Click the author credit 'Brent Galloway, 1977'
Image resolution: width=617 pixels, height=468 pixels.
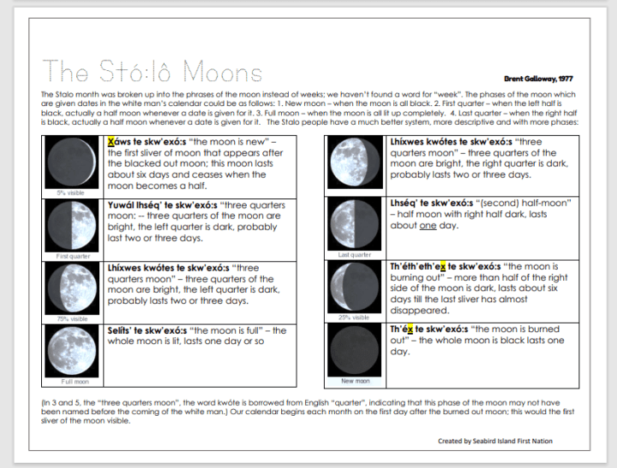pos(538,79)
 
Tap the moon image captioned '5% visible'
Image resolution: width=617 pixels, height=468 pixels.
pos(73,163)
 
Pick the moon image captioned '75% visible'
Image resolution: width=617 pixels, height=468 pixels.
pos(73,288)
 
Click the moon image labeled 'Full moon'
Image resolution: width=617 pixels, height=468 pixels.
pos(73,351)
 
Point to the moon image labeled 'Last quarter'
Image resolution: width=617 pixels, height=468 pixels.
pos(354,223)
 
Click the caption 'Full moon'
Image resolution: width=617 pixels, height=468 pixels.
pos(73,382)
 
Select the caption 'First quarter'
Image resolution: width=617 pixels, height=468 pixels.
pos(74,256)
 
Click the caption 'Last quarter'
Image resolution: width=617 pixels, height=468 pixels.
pos(355,255)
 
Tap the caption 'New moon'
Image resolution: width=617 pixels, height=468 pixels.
pos(355,381)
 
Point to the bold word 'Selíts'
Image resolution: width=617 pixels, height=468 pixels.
pos(122,330)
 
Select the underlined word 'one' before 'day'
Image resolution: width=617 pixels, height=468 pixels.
pos(428,226)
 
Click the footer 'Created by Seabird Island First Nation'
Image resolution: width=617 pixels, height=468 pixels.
pos(494,441)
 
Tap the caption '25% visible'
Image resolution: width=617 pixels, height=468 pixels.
pos(355,317)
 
